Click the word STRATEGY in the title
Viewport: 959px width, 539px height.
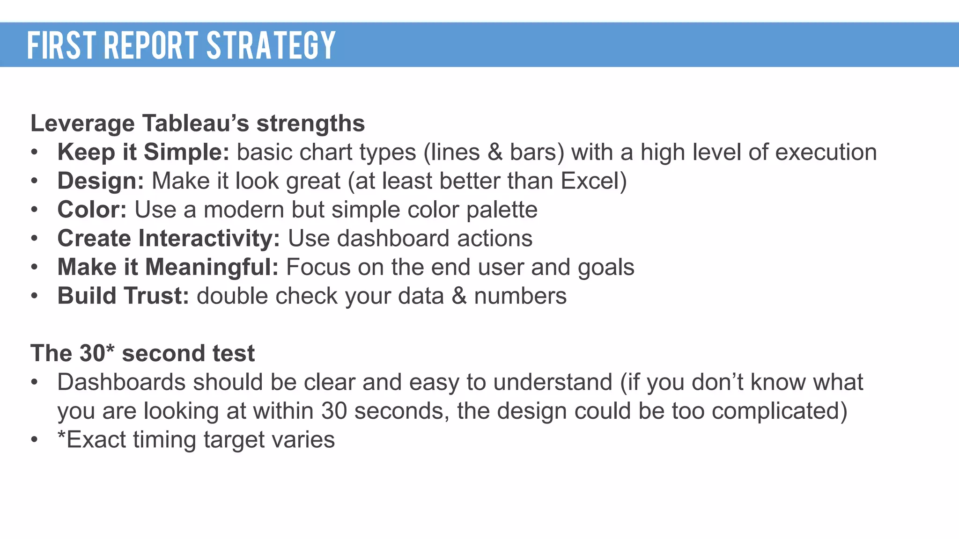point(271,45)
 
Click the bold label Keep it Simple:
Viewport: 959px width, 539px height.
point(143,153)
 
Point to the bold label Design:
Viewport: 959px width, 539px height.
point(101,181)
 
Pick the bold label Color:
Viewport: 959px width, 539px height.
point(92,210)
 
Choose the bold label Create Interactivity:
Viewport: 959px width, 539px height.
point(169,239)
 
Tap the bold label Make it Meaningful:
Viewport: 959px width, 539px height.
point(168,267)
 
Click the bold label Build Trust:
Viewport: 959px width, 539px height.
point(123,296)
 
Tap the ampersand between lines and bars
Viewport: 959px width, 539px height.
point(495,153)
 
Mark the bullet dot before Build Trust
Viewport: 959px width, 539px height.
point(34,296)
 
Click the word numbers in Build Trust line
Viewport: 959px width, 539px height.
point(520,296)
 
